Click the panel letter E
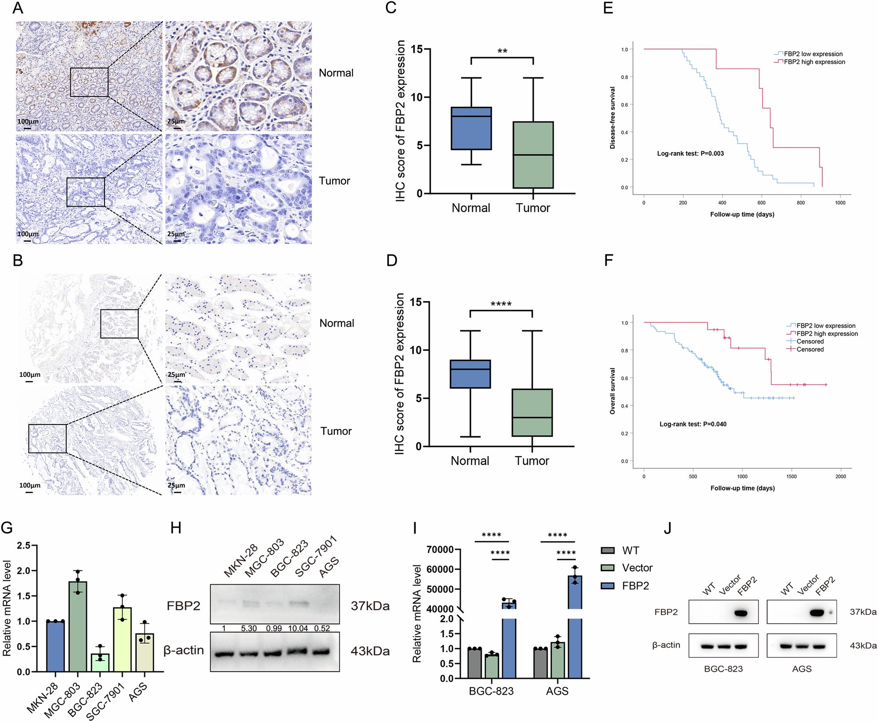608,8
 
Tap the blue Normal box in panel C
471,128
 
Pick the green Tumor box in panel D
532,413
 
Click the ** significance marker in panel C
502,51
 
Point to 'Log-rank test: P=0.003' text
690,153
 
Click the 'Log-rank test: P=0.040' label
693,424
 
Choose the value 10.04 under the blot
298,628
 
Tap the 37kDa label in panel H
370,606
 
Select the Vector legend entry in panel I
637,568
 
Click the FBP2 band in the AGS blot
817,613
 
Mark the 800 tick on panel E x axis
801,203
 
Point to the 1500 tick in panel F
791,477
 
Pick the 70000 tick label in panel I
440,550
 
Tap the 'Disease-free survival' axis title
613,118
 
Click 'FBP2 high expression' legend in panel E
814,62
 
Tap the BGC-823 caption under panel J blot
723,669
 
